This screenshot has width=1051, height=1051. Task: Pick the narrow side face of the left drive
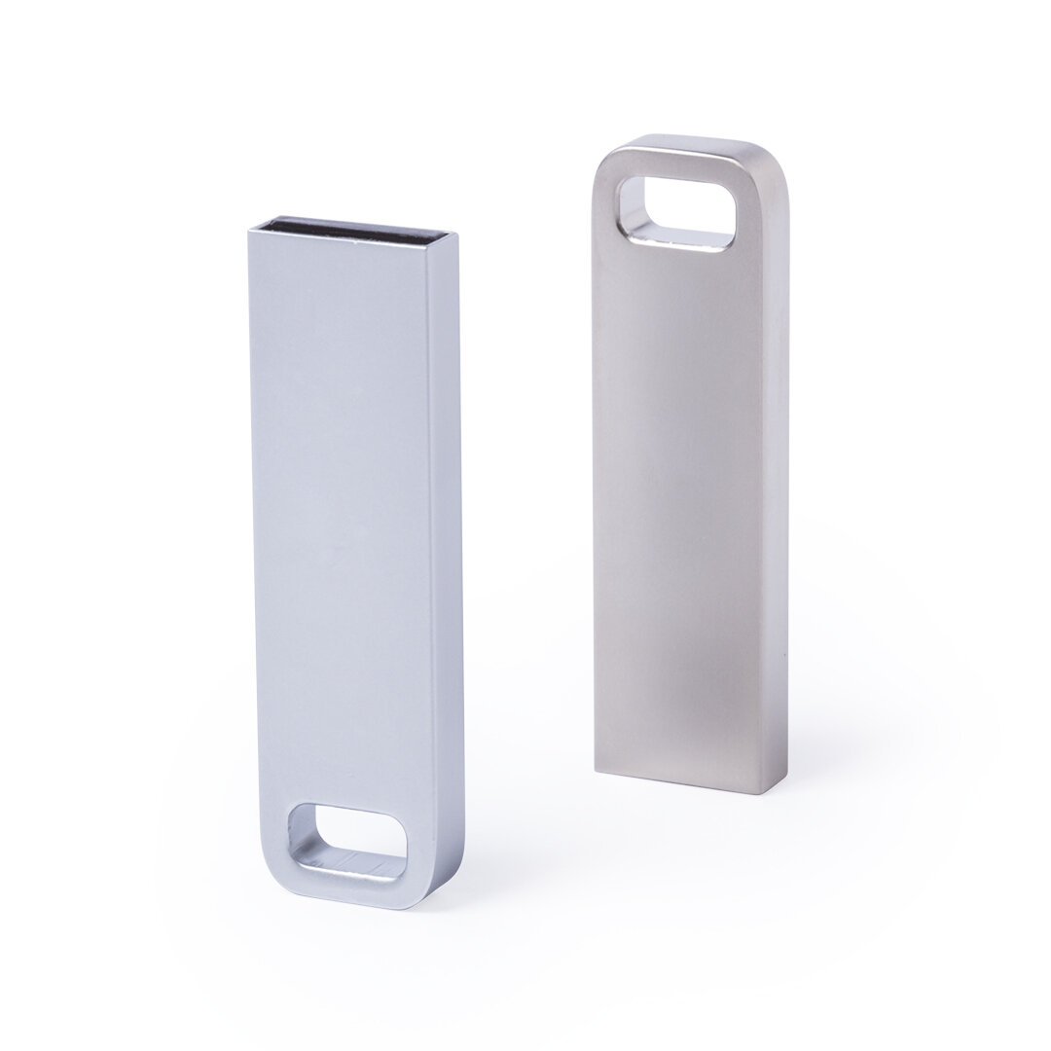coord(449,545)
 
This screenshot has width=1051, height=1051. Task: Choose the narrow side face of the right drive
coord(776,467)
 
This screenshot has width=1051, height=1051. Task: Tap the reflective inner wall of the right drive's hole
coord(681,236)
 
